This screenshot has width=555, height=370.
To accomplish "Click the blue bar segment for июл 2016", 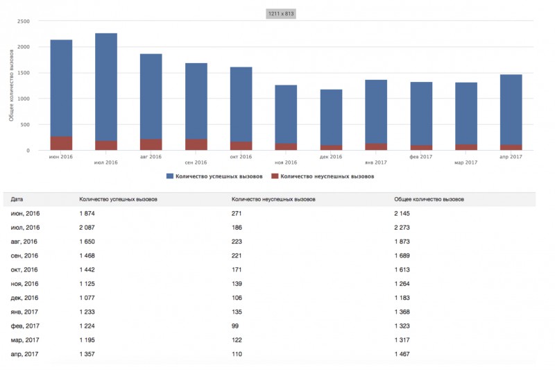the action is [x=106, y=87].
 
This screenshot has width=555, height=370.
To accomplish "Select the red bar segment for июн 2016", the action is [x=61, y=144].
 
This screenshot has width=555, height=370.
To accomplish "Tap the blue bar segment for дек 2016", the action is [x=332, y=117].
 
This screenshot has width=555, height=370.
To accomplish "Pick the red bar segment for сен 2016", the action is [x=196, y=144].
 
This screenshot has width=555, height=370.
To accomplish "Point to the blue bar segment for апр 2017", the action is [x=511, y=110].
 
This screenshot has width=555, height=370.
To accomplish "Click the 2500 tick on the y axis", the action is [x=24, y=22].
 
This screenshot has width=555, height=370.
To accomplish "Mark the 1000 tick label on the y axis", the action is [x=24, y=99].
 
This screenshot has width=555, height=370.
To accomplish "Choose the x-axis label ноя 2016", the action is [x=286, y=162].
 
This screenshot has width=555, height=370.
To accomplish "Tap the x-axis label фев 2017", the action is [x=421, y=156].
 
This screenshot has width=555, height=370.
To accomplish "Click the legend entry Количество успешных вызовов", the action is [x=214, y=176].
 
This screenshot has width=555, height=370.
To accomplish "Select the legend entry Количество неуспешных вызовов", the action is [x=323, y=176].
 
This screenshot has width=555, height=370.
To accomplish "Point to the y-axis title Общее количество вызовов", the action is [x=11, y=85].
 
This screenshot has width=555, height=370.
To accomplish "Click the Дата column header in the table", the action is [x=17, y=199].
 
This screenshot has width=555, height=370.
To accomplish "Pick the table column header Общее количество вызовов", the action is [x=429, y=199].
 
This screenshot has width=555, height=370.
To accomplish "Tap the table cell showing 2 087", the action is [x=87, y=228].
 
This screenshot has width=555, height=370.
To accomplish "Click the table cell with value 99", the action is [x=235, y=326].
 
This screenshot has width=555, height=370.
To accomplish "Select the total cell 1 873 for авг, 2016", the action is [x=402, y=242].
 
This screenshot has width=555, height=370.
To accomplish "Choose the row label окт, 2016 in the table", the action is [x=24, y=270].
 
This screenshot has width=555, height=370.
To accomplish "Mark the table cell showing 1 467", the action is [x=402, y=354].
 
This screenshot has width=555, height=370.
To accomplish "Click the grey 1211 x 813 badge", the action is [x=281, y=14].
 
